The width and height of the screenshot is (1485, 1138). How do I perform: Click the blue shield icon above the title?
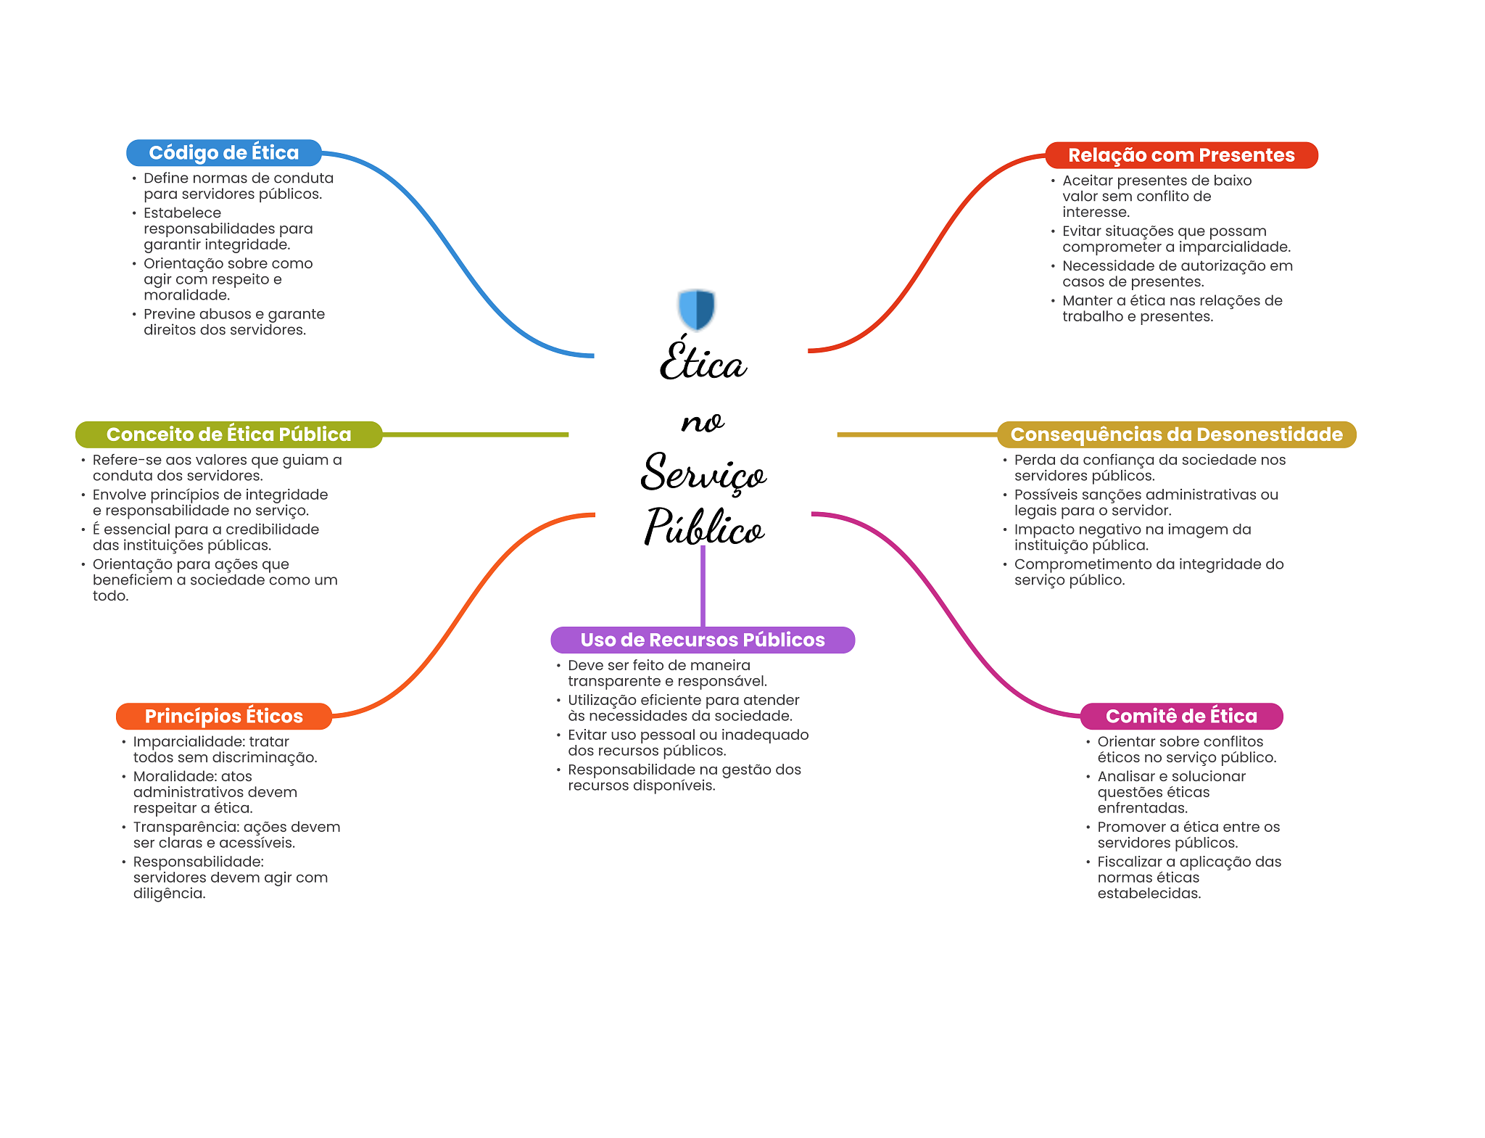(x=696, y=309)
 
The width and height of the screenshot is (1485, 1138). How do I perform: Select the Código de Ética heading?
(x=223, y=153)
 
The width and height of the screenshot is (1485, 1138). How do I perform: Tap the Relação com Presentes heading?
(x=1180, y=155)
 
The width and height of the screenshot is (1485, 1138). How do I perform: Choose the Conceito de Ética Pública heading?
(x=228, y=434)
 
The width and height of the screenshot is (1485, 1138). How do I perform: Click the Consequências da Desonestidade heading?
(x=1176, y=434)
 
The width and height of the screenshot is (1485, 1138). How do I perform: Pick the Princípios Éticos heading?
(x=223, y=716)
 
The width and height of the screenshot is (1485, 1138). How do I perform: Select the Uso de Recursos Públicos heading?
(x=702, y=640)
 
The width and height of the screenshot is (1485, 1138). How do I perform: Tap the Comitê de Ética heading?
(x=1180, y=716)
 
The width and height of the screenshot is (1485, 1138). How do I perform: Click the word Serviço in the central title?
(x=703, y=473)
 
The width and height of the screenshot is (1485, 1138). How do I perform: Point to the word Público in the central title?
(x=704, y=527)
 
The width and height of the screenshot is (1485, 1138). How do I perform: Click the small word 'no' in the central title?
(x=702, y=421)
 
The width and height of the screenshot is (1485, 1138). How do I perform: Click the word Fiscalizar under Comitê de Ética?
(x=1128, y=862)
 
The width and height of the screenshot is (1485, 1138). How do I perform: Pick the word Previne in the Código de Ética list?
(x=169, y=314)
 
